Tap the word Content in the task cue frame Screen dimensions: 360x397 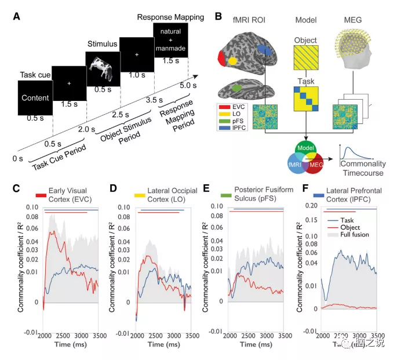34,98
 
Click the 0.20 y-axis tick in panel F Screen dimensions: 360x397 311,206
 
